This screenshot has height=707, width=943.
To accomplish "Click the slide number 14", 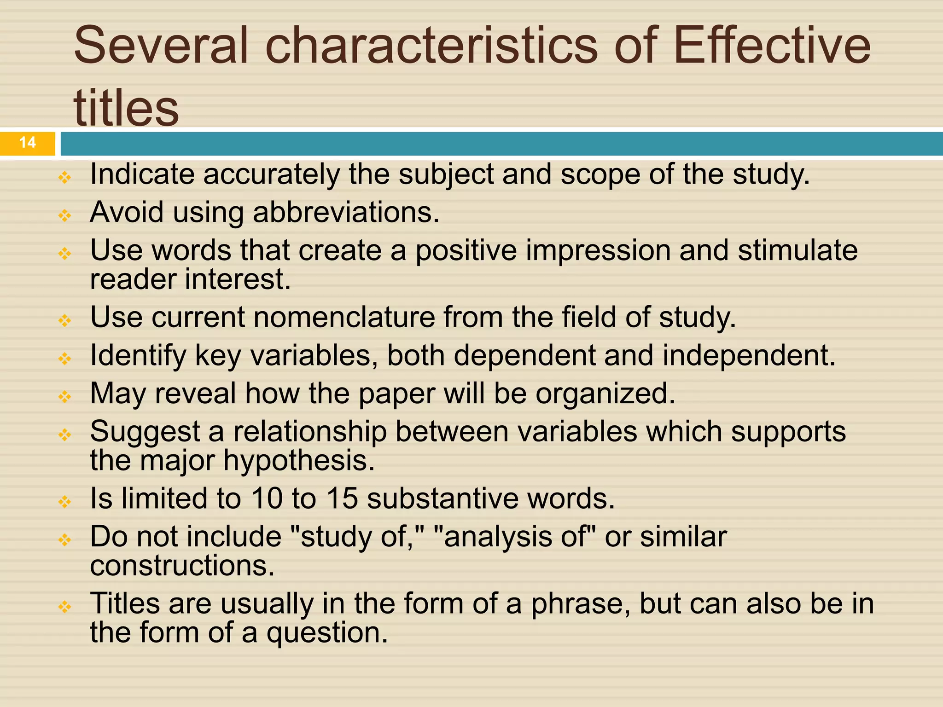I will (28, 142).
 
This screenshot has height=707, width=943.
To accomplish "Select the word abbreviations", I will (346, 213).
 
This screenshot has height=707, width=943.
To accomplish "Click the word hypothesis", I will (299, 461).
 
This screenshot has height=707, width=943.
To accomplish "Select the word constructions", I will (182, 566).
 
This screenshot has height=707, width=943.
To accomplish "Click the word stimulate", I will (797, 251).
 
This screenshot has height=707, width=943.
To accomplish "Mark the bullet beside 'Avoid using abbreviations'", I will (65, 215).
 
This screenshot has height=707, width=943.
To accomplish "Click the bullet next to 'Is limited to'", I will (65, 501).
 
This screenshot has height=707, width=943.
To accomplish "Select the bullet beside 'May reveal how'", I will (65, 396).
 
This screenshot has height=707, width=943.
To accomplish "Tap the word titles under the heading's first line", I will (126, 108).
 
